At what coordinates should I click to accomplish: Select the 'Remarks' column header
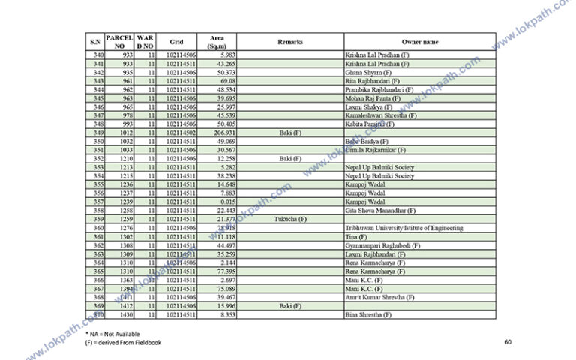[290, 42]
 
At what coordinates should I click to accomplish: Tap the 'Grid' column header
[176, 42]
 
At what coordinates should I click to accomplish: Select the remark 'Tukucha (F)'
[290, 219]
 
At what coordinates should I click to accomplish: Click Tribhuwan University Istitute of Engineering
[403, 228]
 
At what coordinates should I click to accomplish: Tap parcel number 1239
[124, 202]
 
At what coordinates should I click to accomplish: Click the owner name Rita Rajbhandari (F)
[373, 81]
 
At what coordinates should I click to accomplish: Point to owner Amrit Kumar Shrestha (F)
[379, 297]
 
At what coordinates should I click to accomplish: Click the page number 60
[508, 342]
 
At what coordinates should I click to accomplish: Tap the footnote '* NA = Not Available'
[112, 333]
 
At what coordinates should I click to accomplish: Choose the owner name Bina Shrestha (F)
[368, 315]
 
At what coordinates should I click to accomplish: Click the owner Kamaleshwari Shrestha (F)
[380, 115]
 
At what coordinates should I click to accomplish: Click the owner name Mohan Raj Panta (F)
[373, 98]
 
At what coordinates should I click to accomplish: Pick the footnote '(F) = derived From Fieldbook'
[123, 342]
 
